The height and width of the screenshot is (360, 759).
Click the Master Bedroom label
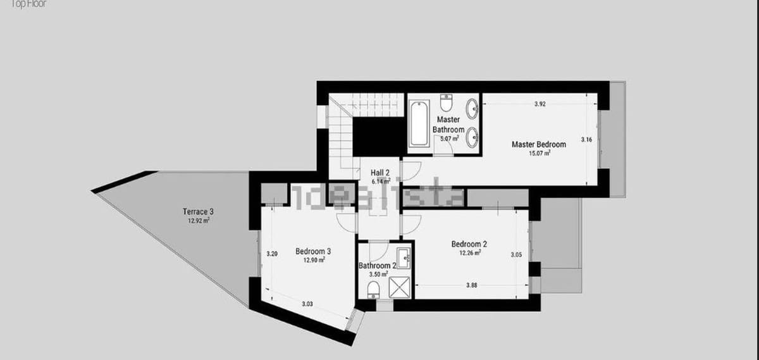(538, 144)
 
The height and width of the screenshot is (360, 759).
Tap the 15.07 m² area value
(539, 153)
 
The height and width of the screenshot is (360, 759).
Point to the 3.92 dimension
(539, 104)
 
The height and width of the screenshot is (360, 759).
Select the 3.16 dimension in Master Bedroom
(586, 140)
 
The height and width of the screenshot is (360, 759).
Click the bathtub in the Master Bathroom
(417, 124)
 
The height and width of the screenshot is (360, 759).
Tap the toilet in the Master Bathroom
(447, 102)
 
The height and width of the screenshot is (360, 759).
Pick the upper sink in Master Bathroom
(472, 108)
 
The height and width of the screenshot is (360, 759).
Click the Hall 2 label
(381, 172)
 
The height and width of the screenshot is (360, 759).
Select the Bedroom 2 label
(469, 244)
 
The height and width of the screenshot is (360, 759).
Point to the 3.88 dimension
(471, 285)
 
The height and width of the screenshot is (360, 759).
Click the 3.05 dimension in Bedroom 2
(516, 255)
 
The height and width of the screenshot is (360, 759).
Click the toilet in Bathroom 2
(374, 290)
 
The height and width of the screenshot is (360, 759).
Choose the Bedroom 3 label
(313, 251)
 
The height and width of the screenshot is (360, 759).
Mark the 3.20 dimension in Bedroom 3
(272, 254)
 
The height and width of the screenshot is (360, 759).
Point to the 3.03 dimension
(307, 304)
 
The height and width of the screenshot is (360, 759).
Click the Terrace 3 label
(198, 211)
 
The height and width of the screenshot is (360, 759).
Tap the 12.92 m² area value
(198, 221)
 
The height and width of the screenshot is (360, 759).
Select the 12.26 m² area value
(469, 253)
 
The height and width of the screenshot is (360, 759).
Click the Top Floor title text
(23, 3)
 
